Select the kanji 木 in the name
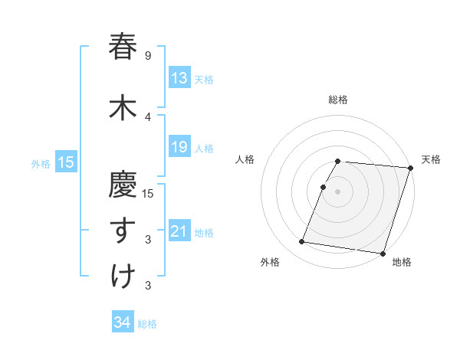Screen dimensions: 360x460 [x=123, y=107]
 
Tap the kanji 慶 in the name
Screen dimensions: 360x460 [x=123, y=184]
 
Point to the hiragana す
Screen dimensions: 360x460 [x=123, y=231]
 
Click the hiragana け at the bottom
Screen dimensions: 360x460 [x=123, y=277]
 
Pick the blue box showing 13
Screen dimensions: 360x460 [x=179, y=78]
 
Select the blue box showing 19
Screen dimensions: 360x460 [x=179, y=147]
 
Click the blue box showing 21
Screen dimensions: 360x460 [x=179, y=231]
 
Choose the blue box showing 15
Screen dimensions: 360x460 [x=65, y=162]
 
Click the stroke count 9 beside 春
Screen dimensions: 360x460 [x=148, y=56]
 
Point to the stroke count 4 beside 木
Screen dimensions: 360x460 [x=148, y=116]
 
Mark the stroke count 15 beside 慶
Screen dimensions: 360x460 [x=149, y=193]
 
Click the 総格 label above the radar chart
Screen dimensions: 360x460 [x=338, y=100]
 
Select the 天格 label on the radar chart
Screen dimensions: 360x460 [x=431, y=159]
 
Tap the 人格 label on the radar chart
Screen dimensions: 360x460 [x=245, y=159]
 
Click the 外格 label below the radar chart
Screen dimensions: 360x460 [x=270, y=262]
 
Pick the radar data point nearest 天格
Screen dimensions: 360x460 [x=410, y=168]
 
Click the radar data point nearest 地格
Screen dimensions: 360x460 [x=383, y=253]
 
